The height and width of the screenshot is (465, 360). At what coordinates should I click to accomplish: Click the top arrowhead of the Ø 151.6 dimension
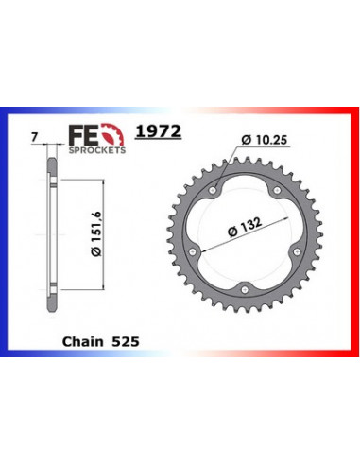[x=68, y=161]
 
